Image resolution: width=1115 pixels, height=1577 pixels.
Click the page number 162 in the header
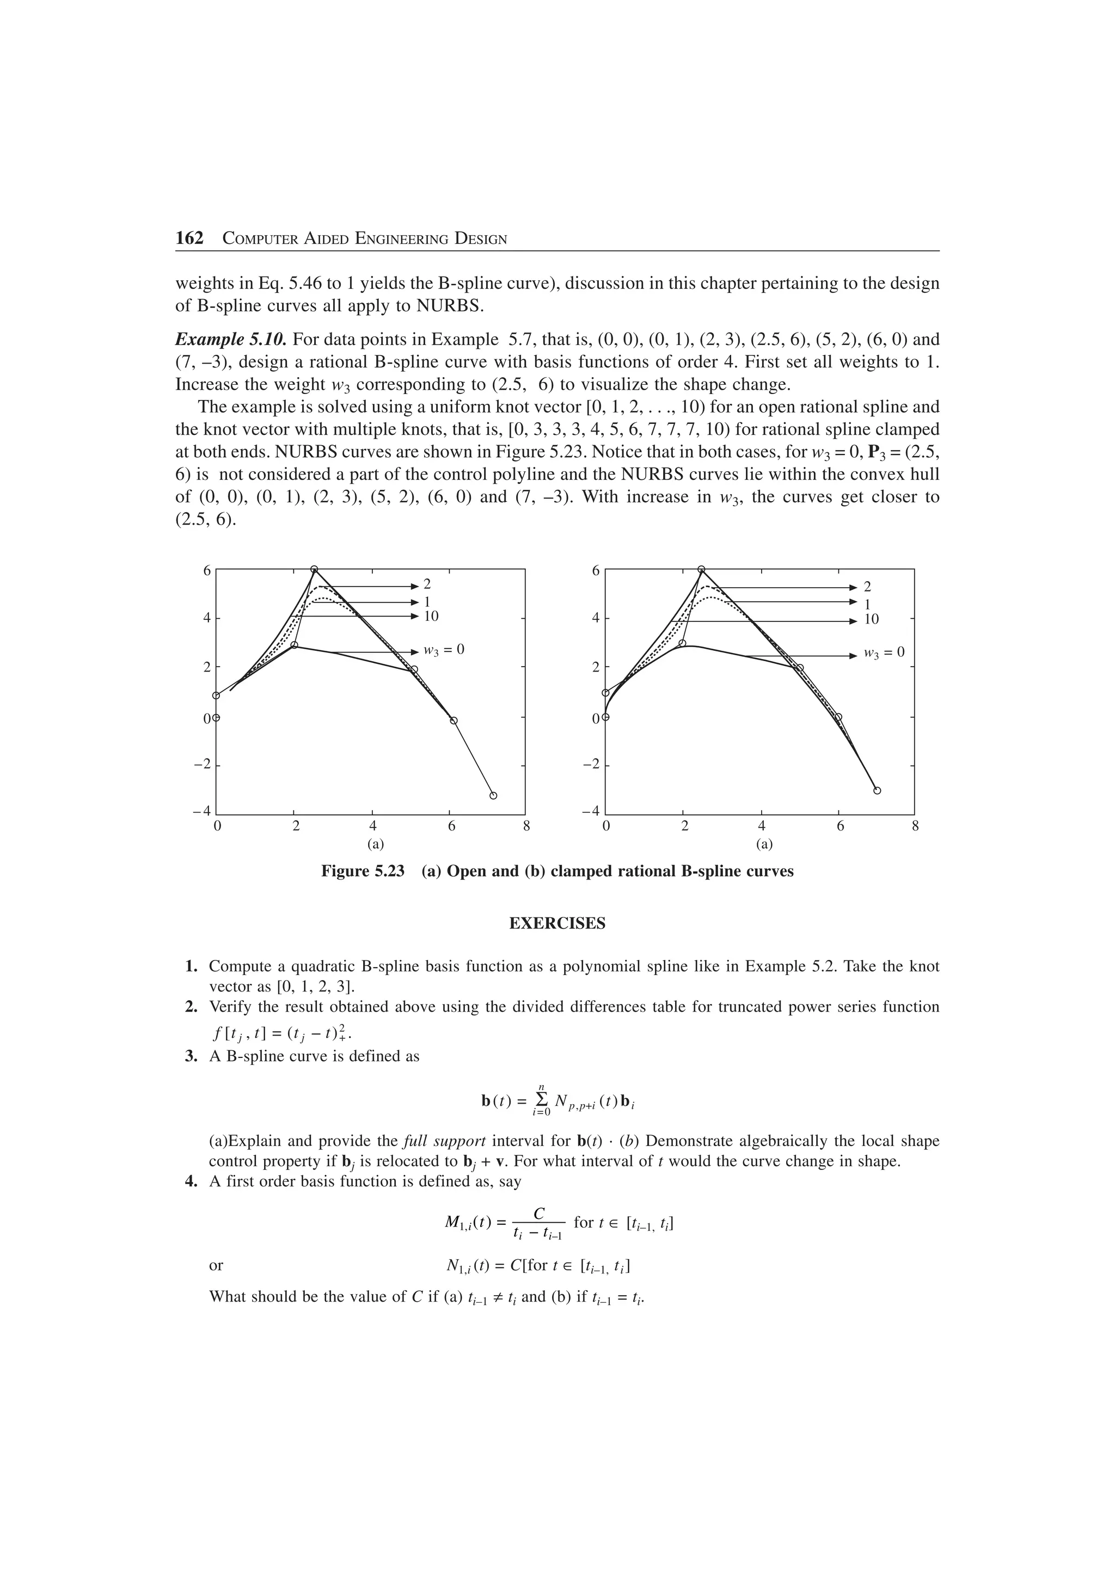[189, 238]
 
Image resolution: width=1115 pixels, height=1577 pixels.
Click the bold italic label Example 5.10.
[230, 340]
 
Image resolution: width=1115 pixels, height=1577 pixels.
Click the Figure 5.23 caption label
[363, 871]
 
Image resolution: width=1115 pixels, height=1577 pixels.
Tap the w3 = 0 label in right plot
[884, 653]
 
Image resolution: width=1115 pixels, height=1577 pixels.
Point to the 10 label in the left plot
[431, 616]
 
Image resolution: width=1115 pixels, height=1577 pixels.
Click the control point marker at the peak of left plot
[314, 569]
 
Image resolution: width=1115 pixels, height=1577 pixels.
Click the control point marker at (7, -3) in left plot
[493, 796]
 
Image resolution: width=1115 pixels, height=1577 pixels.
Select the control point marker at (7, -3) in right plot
[877, 791]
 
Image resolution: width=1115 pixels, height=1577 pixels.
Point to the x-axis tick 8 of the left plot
[526, 826]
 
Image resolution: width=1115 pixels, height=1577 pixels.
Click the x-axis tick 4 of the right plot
[761, 826]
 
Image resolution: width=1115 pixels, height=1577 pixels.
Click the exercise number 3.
[192, 1056]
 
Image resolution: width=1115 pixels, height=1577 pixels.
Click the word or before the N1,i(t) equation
[216, 1265]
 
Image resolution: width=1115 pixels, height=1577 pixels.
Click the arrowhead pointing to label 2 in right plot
[853, 587]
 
